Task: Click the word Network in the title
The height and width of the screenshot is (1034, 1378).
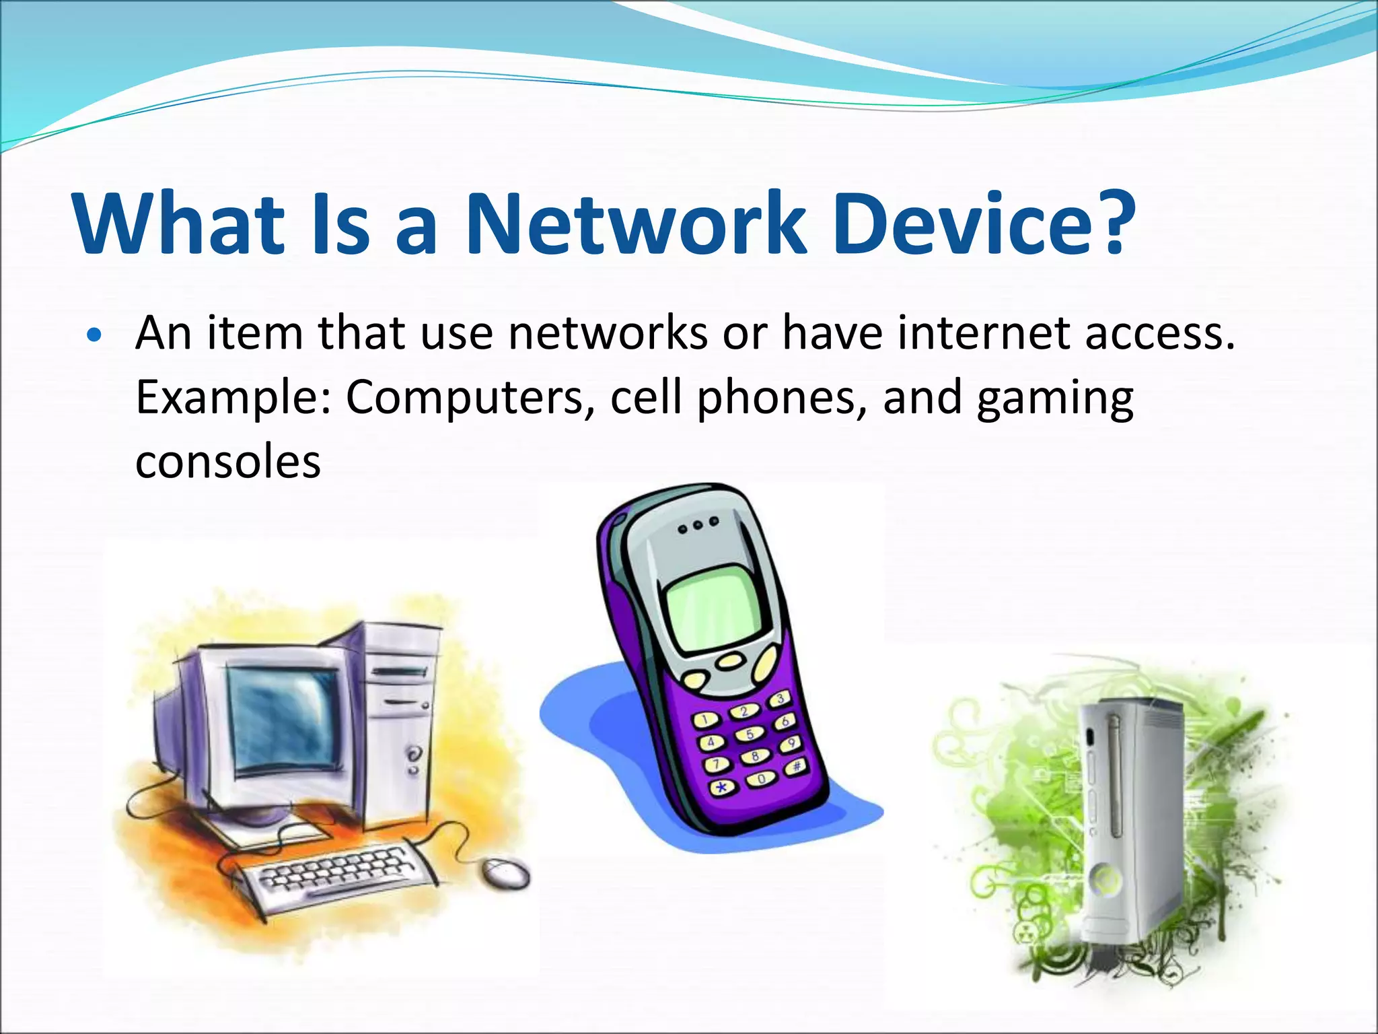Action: coord(635,224)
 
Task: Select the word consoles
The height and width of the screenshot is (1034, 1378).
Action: coord(228,462)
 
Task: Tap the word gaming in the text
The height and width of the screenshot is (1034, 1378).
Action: coord(1054,399)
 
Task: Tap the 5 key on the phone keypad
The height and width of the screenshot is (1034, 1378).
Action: coord(750,734)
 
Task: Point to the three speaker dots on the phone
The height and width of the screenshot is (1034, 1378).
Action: coord(698,525)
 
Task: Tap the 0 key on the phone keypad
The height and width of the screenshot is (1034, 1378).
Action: coord(761,778)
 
